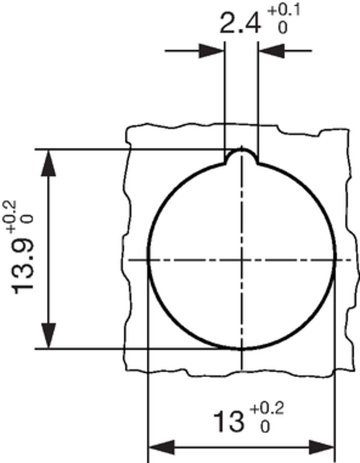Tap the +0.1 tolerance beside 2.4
(x=283, y=11)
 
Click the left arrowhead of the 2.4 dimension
(x=212, y=51)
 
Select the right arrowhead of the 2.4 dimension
(x=271, y=51)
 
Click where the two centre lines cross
(x=242, y=260)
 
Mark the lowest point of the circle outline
(x=242, y=349)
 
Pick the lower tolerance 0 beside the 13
(x=265, y=427)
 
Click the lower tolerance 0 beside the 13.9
(x=29, y=219)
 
